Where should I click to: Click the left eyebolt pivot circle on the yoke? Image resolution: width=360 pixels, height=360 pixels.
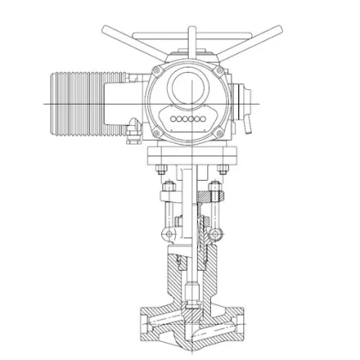(x=172, y=230)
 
